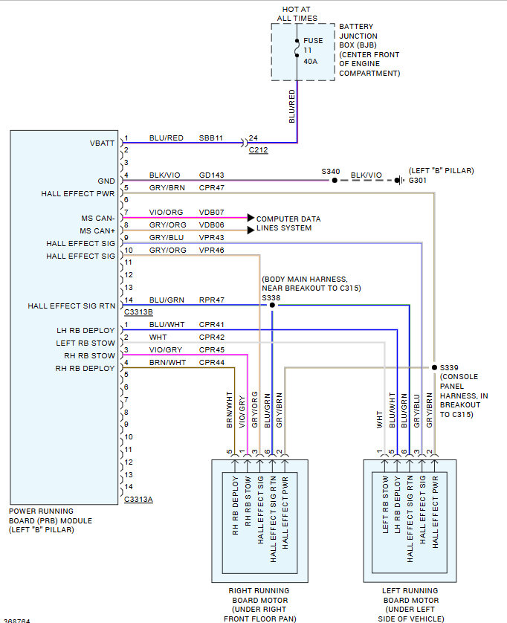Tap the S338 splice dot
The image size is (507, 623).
point(272,306)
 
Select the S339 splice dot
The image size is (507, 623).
point(433,367)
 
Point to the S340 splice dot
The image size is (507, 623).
point(335,180)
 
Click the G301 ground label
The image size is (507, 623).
point(419,180)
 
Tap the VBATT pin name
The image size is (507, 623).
point(103,142)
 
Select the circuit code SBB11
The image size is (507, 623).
point(211,138)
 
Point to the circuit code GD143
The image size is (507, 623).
point(211,176)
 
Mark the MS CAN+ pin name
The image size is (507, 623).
point(98,230)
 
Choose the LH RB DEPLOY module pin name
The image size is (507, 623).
point(85,330)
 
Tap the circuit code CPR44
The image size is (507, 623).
point(211,363)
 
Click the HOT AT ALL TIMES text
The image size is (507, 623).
point(297,13)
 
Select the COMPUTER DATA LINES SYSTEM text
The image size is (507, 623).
point(288,224)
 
